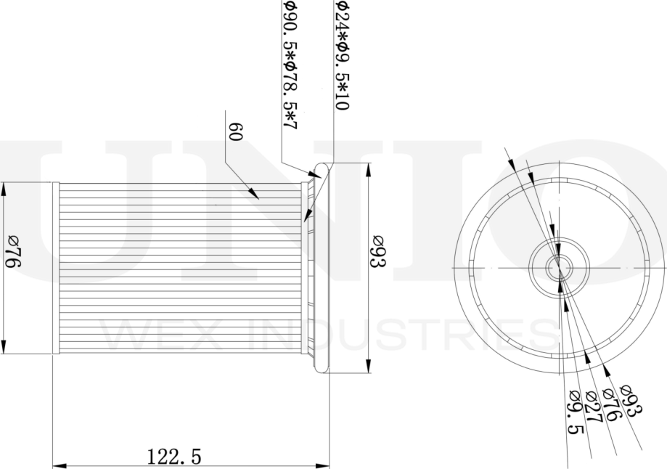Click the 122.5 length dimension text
point(173,457)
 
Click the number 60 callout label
point(235,132)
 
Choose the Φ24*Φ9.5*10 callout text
point(342,55)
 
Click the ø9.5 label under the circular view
point(576,412)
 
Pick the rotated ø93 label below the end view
point(631,399)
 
